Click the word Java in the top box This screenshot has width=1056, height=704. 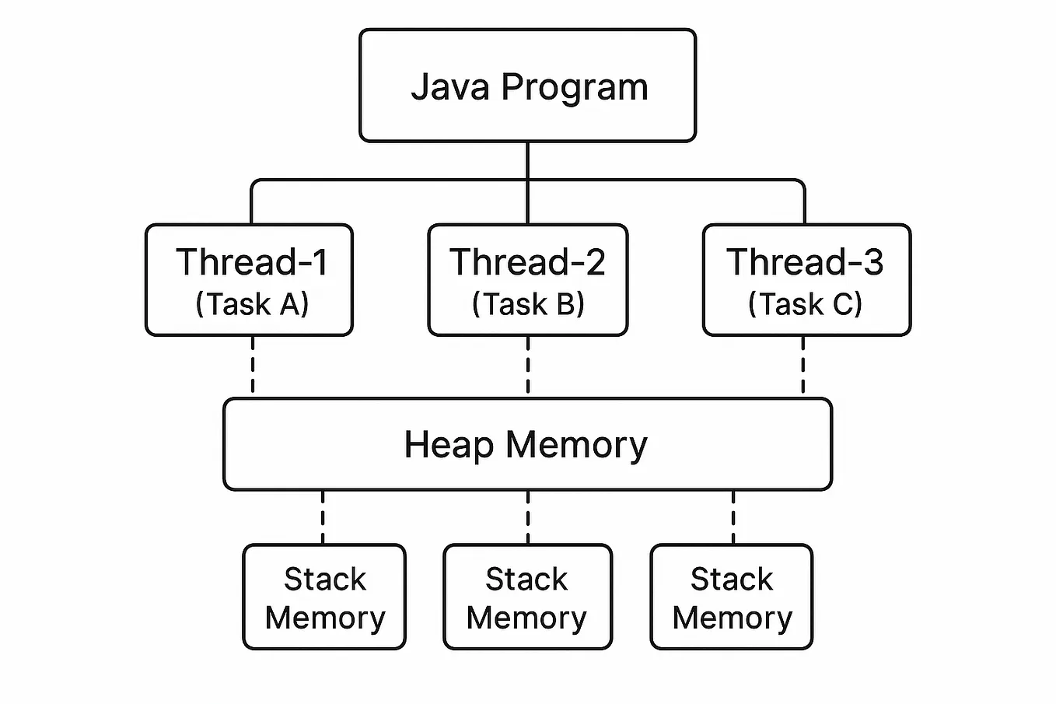pyautogui.click(x=450, y=86)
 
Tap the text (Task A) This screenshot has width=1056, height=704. pyautogui.click(x=252, y=303)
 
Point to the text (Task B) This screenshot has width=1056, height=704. pyautogui.click(x=528, y=303)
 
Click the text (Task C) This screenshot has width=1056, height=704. pyautogui.click(x=806, y=303)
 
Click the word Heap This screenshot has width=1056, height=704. pyautogui.click(x=449, y=445)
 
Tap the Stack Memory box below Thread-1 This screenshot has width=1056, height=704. pyautogui.click(x=324, y=597)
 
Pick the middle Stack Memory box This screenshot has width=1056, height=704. pyautogui.click(x=527, y=597)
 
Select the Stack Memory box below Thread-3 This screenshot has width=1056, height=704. pyautogui.click(x=732, y=597)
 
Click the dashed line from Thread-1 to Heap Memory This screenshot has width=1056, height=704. pyautogui.click(x=253, y=366)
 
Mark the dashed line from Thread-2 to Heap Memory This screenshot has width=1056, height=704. pyautogui.click(x=528, y=366)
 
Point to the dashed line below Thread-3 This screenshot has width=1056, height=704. pyautogui.click(x=803, y=366)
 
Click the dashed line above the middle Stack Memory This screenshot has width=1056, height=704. pyautogui.click(x=528, y=517)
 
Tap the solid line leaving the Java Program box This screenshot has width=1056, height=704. pyautogui.click(x=527, y=162)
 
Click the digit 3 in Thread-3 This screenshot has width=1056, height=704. pyautogui.click(x=872, y=262)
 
